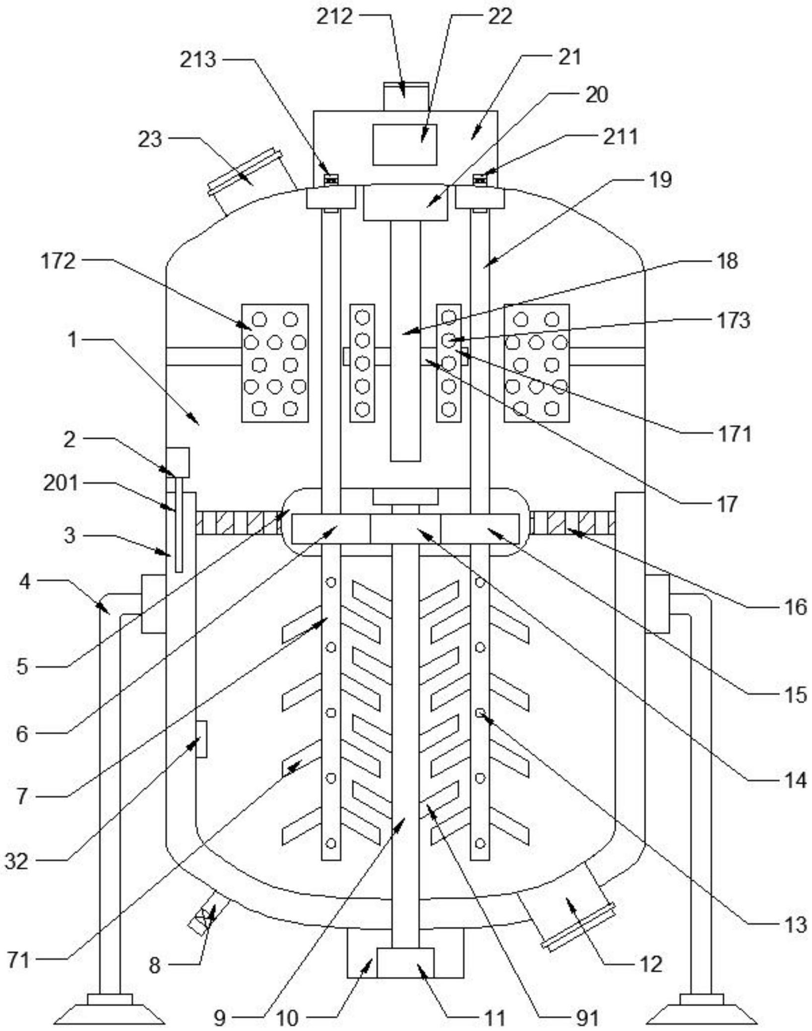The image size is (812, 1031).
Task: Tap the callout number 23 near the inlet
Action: click(149, 139)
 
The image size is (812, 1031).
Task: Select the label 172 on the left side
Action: click(58, 261)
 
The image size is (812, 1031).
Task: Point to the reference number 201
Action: click(61, 483)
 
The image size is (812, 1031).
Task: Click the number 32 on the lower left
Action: click(16, 861)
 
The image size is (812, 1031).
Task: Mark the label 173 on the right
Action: click(733, 320)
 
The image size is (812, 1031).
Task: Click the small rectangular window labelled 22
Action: click(405, 144)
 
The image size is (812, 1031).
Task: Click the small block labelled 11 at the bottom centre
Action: click(405, 963)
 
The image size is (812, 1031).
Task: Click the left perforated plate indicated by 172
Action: click(274, 363)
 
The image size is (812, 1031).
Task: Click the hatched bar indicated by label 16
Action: click(573, 523)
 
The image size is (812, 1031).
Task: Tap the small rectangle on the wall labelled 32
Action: click(201, 739)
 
